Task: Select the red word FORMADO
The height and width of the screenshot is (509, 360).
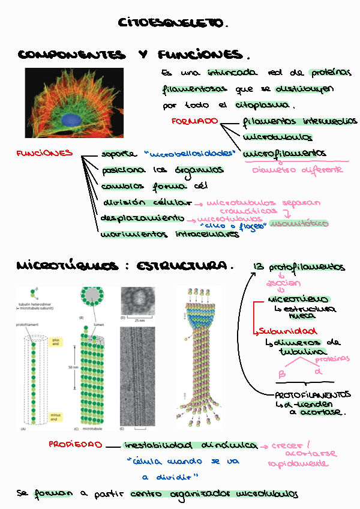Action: (x=194, y=121)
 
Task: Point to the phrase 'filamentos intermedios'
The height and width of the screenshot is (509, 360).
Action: (x=299, y=121)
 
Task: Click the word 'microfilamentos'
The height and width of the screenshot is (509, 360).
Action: (x=284, y=154)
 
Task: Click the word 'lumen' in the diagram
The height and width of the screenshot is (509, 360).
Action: (x=100, y=324)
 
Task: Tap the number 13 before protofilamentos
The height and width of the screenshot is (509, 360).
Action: (x=259, y=266)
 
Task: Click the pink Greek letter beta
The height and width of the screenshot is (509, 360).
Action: (x=282, y=375)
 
